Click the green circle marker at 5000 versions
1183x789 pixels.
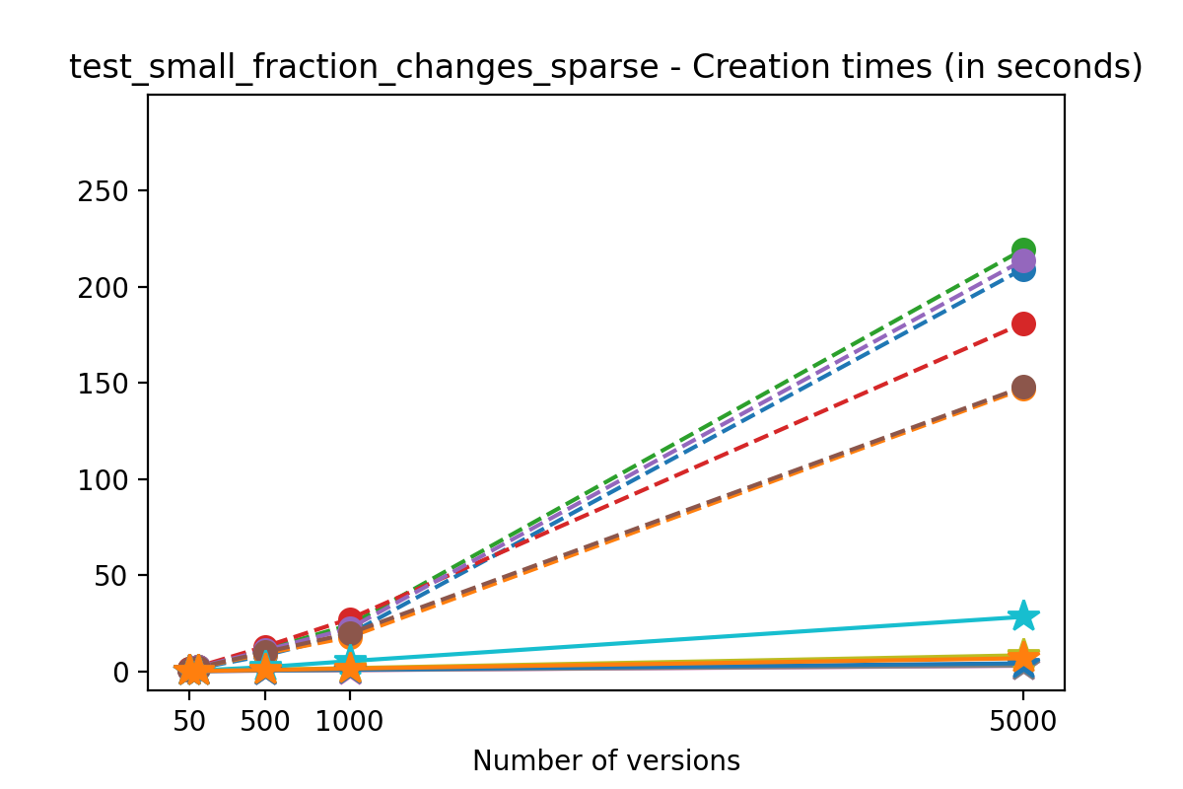coord(1023,250)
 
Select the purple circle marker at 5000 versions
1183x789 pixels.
coord(1024,261)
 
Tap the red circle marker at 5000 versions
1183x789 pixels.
coord(1023,323)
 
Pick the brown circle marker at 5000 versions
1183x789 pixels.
coord(1023,387)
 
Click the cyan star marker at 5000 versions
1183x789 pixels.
coord(1023,616)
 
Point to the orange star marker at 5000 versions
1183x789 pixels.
coord(1023,657)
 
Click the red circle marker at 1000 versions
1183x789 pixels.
coord(350,619)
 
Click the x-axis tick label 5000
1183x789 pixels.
coord(1023,721)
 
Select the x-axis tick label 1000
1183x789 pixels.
coord(350,721)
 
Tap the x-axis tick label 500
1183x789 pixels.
coord(265,721)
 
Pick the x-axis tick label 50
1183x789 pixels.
coord(189,721)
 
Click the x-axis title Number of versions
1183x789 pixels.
coord(605,760)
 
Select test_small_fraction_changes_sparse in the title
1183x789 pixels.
coord(364,67)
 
